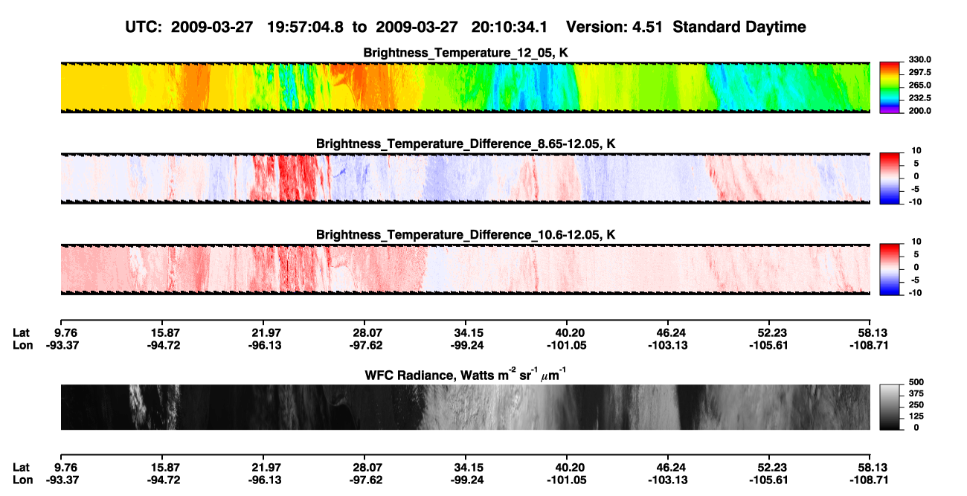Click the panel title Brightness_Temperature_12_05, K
click(x=466, y=53)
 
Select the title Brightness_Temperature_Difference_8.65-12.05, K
click(x=466, y=144)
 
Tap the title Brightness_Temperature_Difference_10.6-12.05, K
click(x=466, y=235)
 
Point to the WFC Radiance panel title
click(x=466, y=375)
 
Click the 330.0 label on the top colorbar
click(x=919, y=59)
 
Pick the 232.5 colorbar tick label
click(x=919, y=98)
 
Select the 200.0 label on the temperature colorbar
click(x=919, y=111)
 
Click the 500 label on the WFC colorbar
click(x=916, y=382)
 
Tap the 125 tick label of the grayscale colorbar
click(x=916, y=416)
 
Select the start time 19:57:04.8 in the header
click(x=305, y=27)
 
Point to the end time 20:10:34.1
click(x=510, y=27)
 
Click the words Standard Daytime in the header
click(x=739, y=28)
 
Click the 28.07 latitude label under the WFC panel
click(x=366, y=468)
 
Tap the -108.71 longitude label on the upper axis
click(x=869, y=345)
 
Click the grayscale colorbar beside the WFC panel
click(x=890, y=407)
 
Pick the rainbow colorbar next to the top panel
click(x=890, y=88)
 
